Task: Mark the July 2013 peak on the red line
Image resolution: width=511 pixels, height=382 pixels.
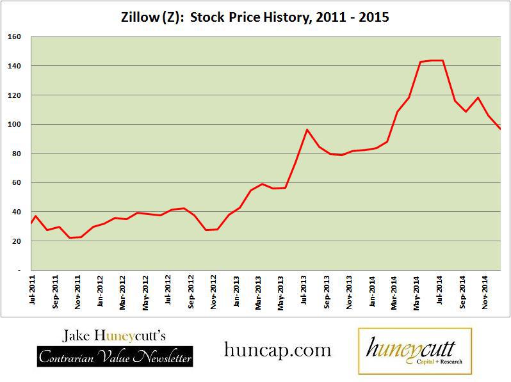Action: [x=307, y=130]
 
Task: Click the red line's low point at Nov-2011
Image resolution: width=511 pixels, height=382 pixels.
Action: [x=70, y=238]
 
